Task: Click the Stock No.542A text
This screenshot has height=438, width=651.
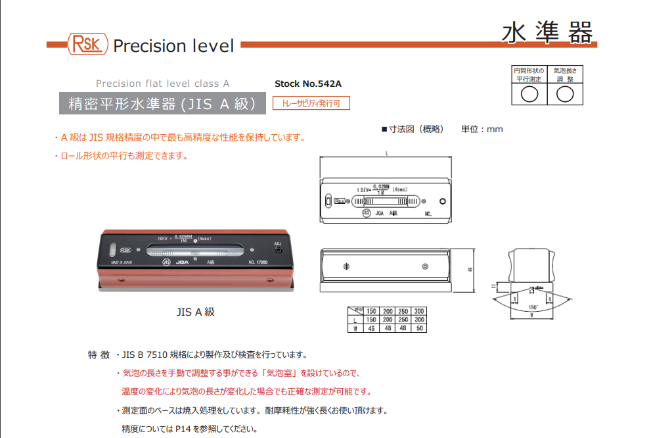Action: [308, 84]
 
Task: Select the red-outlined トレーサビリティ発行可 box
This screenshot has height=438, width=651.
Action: [311, 103]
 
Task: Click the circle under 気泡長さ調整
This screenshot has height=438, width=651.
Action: [566, 94]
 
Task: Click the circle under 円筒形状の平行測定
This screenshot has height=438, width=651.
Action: [529, 94]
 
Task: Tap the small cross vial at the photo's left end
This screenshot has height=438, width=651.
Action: [112, 250]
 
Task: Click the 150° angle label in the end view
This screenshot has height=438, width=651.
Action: [533, 307]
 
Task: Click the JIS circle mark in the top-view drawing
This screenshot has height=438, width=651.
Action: [365, 213]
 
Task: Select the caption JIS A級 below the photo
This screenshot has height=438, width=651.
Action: [195, 312]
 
